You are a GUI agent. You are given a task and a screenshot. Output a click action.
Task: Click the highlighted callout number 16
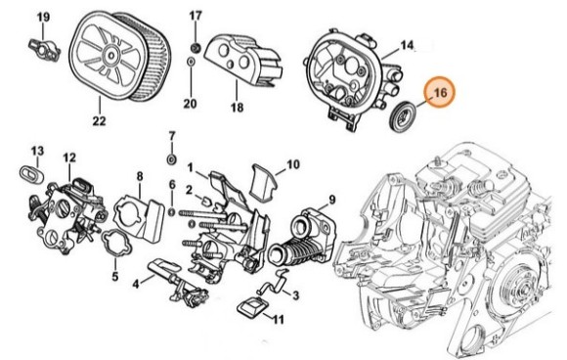pos(440,93)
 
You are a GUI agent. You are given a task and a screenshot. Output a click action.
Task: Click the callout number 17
pos(196,16)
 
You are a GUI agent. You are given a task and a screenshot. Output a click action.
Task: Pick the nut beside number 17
pos(195,46)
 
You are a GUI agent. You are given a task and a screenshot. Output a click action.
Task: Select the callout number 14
pos(408,45)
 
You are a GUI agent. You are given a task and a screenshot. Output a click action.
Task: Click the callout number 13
pos(36,151)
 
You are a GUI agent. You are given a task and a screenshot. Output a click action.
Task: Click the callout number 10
pos(292,163)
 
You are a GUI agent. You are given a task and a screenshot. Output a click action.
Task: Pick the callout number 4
pos(137,285)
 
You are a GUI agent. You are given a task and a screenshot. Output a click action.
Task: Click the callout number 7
pos(172,134)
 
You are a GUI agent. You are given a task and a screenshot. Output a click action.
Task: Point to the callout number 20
pos(190,104)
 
